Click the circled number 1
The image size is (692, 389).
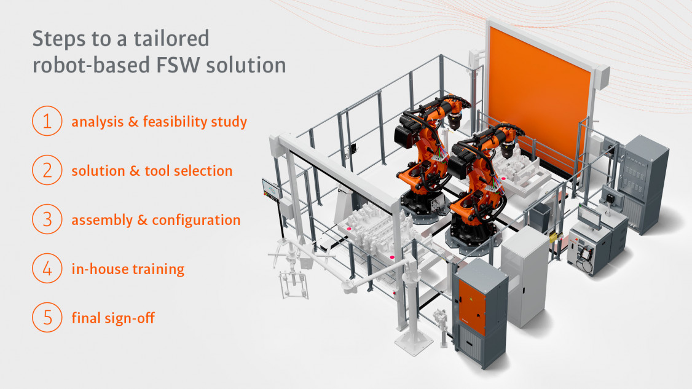(x=47, y=122)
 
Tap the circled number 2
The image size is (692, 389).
(x=47, y=171)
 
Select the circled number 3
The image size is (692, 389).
(x=47, y=220)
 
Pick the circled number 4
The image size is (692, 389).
(x=47, y=269)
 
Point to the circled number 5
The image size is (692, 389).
(x=47, y=318)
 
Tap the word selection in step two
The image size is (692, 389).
(x=205, y=171)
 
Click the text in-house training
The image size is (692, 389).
(x=128, y=269)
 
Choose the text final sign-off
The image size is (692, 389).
(x=113, y=318)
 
